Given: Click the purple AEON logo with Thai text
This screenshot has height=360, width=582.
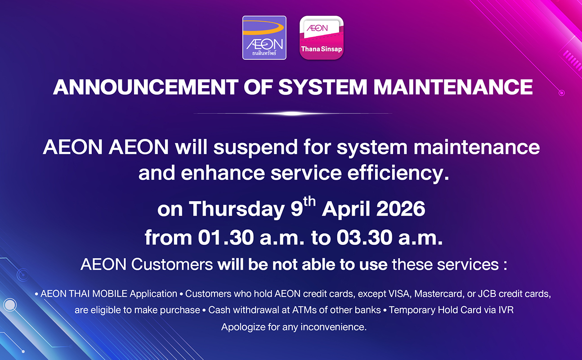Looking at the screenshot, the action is coord(264,38).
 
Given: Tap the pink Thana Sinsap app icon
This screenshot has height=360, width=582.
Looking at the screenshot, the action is coord(322,38).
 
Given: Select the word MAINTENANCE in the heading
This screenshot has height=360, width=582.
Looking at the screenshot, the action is coord(453,87).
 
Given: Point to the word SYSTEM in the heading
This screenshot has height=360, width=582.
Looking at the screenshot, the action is coord(322,87).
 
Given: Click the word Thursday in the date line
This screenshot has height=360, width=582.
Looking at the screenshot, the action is coord(237,209).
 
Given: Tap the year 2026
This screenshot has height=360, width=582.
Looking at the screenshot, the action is coord(401,209).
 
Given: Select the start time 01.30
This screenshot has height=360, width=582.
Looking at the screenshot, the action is coord(226,238).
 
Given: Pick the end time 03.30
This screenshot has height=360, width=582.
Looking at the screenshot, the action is coord(364,238).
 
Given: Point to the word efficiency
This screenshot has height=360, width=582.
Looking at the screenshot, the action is coord(398,173).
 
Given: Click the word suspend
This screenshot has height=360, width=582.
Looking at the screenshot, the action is coord(255,148).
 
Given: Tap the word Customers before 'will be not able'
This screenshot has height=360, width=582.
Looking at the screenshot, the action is coord(172,265).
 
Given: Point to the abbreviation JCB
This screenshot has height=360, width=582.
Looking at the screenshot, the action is coord(487,294).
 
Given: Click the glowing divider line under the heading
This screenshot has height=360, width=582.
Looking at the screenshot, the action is coord(293,113).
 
